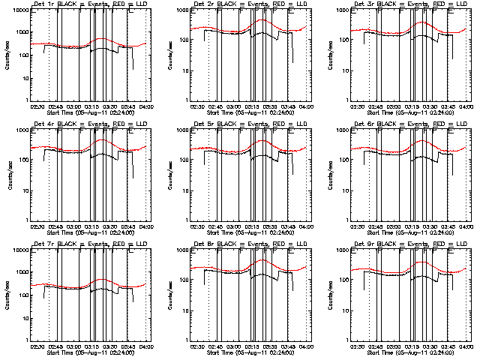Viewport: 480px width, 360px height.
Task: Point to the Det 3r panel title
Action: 410,4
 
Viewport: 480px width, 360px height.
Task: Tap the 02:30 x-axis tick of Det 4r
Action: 37,226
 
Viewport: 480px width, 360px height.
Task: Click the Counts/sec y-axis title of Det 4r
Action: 6,175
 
